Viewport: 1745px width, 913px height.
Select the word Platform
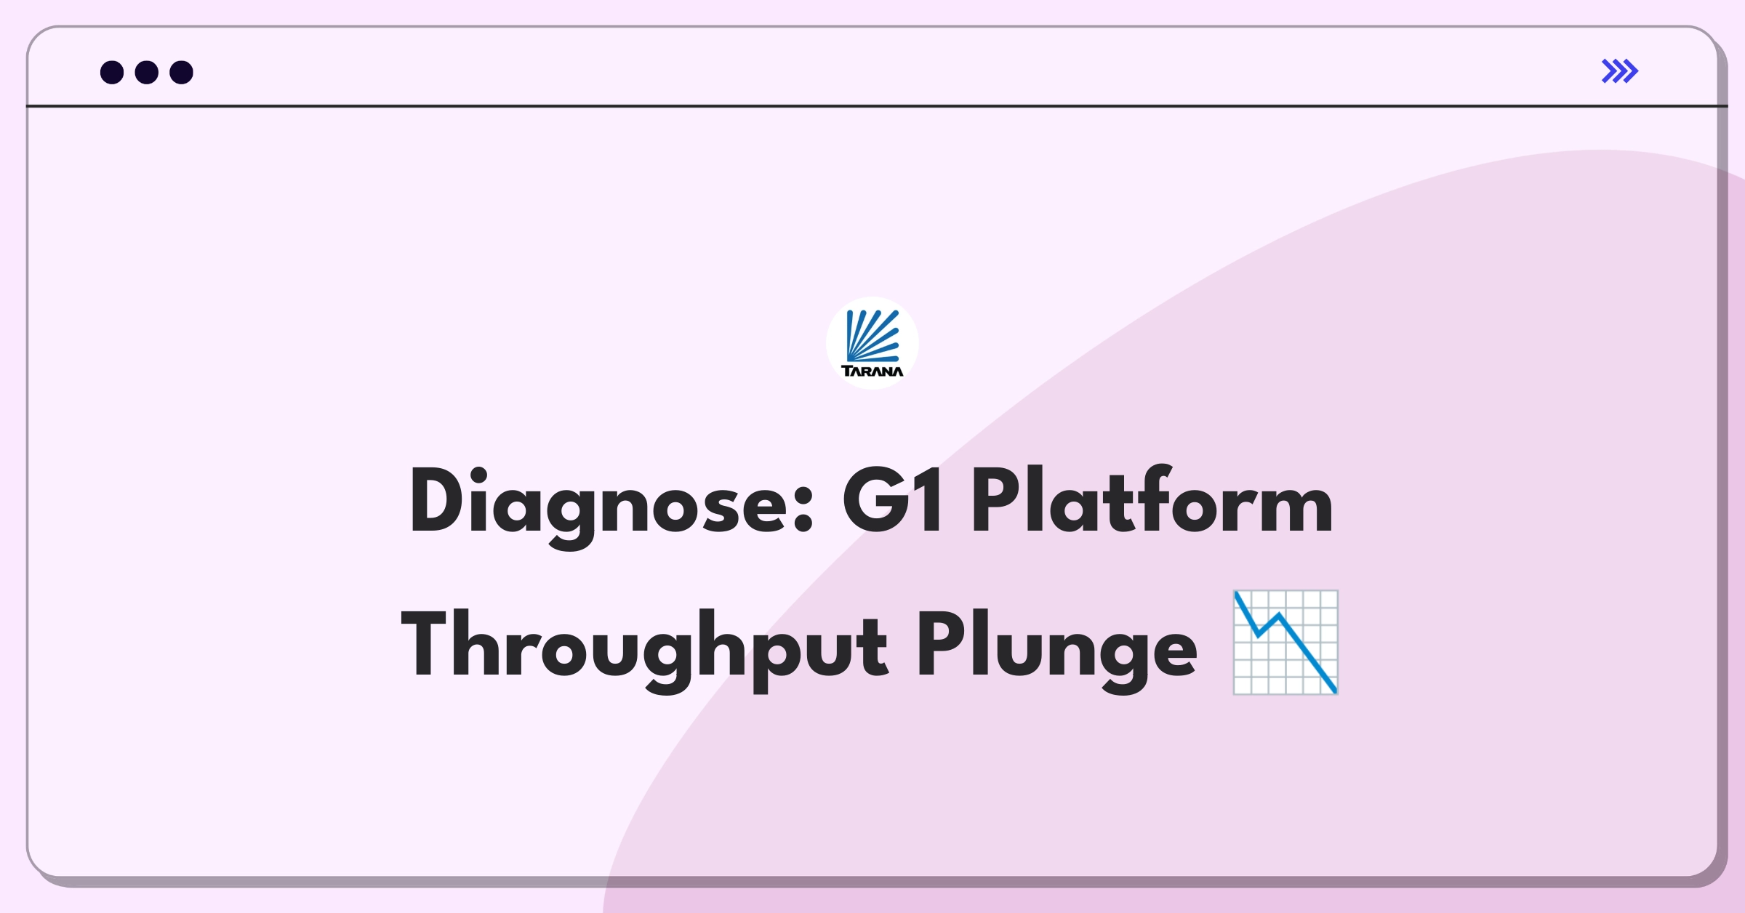[x=1152, y=499]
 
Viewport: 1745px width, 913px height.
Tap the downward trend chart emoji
[x=1285, y=643]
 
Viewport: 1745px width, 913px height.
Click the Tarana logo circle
[x=872, y=343]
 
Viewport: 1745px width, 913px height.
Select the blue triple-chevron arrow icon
[x=1620, y=71]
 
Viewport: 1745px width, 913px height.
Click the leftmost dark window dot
[x=112, y=72]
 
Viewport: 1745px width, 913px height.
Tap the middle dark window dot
[x=147, y=72]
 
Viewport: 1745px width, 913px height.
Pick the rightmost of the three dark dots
[x=182, y=72]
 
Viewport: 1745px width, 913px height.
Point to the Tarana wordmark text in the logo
[x=872, y=371]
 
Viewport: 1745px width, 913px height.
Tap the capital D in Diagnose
[x=437, y=501]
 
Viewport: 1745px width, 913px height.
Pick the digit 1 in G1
[x=930, y=501]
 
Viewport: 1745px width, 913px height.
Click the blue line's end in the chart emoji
[x=1335, y=691]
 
